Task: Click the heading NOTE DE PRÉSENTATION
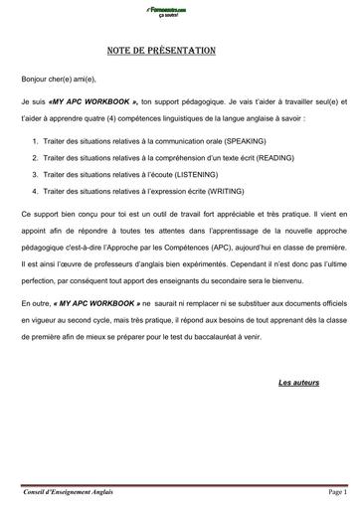180,51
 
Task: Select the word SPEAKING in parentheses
230,141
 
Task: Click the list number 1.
35,141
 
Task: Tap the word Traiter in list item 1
57,141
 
